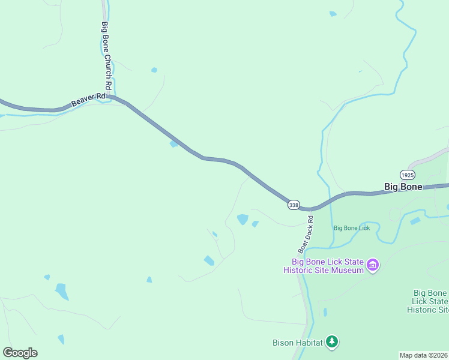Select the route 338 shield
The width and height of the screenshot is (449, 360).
294,205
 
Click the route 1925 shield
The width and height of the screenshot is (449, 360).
407,175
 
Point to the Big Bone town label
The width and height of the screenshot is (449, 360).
403,187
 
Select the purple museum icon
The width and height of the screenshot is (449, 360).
373,265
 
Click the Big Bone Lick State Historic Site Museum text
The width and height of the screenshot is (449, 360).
327,266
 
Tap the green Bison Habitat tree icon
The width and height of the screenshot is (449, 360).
332,343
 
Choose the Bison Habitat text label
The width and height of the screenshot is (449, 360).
297,343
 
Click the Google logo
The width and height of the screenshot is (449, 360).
20,353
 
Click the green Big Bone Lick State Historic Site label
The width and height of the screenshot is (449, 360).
430,301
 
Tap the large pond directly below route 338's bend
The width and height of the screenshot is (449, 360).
243,220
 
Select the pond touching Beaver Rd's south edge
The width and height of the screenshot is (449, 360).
174,143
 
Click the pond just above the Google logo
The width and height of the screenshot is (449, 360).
61,339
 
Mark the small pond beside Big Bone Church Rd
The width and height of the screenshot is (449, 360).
154,70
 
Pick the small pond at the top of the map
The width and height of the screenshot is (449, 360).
333,14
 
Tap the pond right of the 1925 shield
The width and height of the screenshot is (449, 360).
415,221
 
